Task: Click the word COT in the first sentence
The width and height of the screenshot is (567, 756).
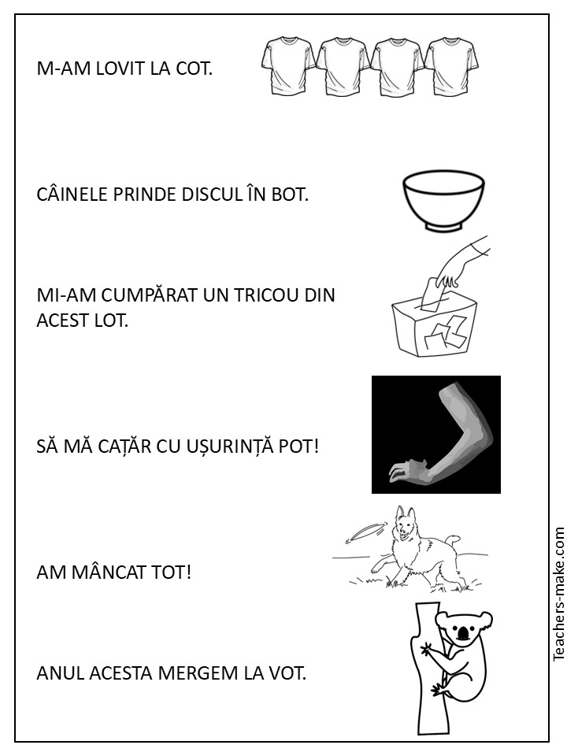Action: click(x=194, y=69)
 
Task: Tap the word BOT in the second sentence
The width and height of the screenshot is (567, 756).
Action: click(x=289, y=195)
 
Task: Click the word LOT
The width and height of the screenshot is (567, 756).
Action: click(x=110, y=320)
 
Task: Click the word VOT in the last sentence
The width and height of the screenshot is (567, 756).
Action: click(x=288, y=673)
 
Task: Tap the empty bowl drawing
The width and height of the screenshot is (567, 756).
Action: click(x=443, y=200)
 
